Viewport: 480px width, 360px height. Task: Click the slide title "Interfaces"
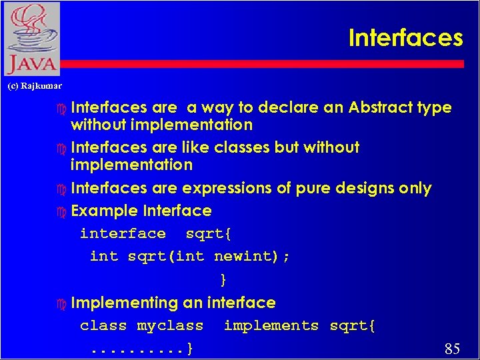405,38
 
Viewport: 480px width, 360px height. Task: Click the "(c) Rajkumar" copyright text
35,86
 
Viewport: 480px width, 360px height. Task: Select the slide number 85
452,348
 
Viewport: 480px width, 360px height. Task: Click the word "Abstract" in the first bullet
381,107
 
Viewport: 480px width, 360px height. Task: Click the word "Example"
105,211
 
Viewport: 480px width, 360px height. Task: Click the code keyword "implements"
271,325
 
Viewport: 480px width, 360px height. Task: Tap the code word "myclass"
170,325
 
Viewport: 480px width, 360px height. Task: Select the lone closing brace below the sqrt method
223,279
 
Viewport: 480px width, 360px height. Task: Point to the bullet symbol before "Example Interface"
62,211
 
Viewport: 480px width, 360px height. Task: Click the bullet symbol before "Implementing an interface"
62,303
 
